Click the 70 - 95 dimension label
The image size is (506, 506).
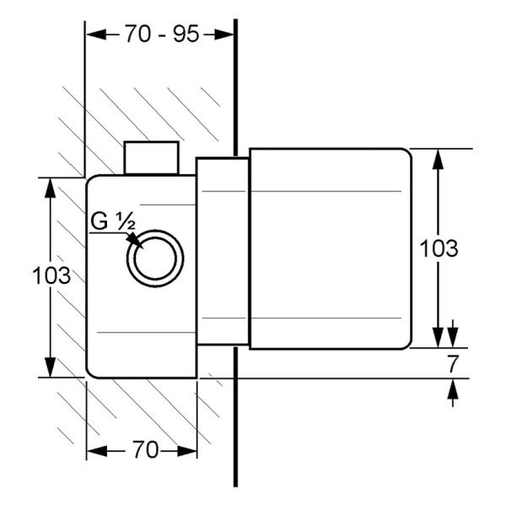162,34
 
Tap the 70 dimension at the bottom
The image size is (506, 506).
146,449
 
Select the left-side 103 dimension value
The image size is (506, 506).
51,275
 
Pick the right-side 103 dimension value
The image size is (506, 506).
439,248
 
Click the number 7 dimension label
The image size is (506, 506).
452,364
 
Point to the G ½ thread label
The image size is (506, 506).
113,221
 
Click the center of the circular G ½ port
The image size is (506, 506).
155,258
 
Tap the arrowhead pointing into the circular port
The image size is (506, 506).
135,241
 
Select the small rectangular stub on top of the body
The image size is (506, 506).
151,158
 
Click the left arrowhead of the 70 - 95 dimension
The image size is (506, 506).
96,35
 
